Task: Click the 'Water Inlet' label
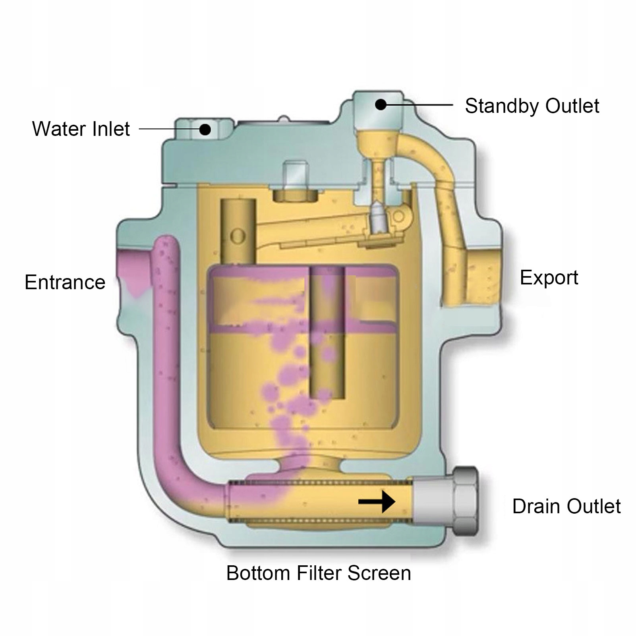tap(81, 129)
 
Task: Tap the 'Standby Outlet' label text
tap(532, 106)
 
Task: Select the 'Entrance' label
tap(65, 282)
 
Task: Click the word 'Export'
tap(549, 278)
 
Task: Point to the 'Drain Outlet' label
tap(566, 506)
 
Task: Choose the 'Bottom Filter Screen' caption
tap(318, 573)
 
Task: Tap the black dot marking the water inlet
tap(205, 129)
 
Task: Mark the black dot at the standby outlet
tap(381, 105)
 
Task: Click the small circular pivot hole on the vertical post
tap(238, 237)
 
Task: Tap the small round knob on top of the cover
tap(284, 119)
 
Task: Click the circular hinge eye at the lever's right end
tap(398, 217)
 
